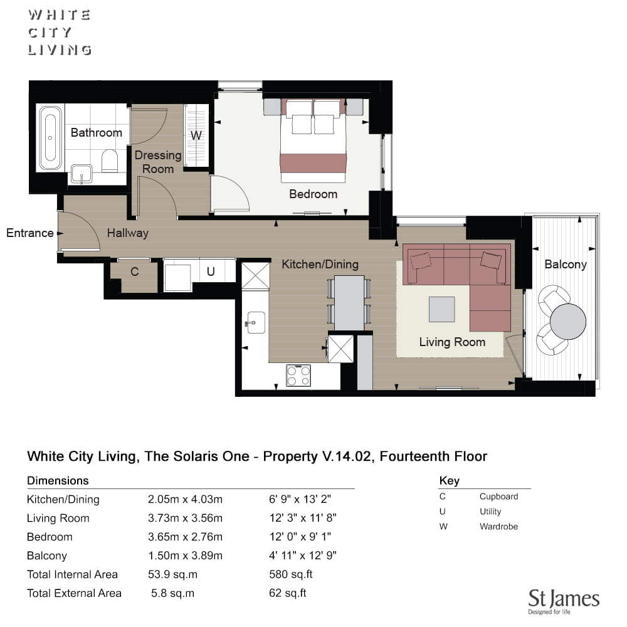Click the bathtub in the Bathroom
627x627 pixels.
[50, 138]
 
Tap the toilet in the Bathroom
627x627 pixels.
[110, 161]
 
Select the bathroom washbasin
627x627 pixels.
[82, 174]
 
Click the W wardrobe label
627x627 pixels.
[196, 135]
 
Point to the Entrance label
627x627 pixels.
[30, 233]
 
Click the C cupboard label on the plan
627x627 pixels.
[134, 272]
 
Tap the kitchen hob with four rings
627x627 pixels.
[298, 376]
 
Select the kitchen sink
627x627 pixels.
[256, 323]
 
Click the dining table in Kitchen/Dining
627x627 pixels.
[349, 303]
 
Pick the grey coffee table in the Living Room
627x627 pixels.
[442, 309]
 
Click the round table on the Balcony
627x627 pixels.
[568, 322]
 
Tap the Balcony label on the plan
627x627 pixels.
[566, 265]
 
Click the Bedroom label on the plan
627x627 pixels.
[313, 194]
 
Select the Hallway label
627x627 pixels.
[128, 233]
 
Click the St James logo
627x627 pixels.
[564, 601]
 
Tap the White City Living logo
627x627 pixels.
[60, 33]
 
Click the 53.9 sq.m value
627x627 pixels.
[173, 574]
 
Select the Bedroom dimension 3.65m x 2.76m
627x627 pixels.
[185, 537]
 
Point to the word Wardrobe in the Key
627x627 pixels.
[498, 527]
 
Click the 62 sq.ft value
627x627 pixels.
[288, 593]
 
